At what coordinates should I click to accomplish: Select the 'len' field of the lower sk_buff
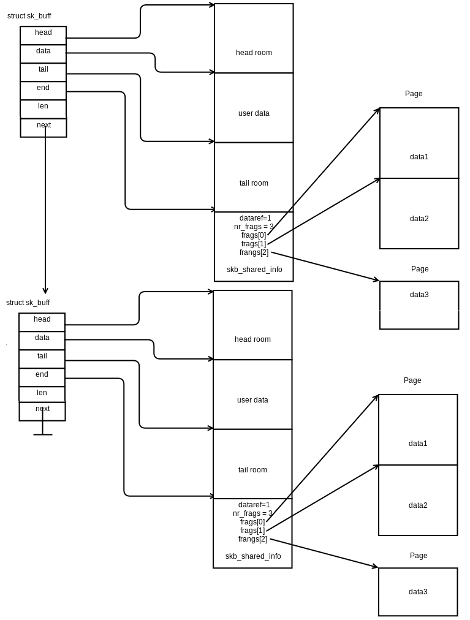coord(42,393)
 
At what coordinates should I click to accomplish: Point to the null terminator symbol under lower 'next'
coord(43,434)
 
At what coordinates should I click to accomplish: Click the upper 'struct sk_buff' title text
coord(29,16)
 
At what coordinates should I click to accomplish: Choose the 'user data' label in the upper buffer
coord(254,113)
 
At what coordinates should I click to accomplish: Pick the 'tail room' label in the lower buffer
coord(252,470)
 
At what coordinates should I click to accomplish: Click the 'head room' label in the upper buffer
coord(254,53)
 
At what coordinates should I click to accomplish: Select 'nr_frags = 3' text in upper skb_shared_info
coord(254,227)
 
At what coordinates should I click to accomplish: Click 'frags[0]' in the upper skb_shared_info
coord(254,235)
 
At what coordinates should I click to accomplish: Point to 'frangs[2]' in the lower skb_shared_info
coord(252,539)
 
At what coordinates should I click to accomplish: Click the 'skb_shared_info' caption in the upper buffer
coord(254,270)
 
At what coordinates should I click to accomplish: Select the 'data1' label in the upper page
coord(419,157)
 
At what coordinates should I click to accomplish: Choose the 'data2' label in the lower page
coord(418,505)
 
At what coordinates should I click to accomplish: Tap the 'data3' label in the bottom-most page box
coord(418,592)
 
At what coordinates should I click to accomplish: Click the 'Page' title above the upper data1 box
coord(414,94)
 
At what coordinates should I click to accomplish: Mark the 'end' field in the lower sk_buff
coord(42,374)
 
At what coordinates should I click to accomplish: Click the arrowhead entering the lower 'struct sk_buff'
coord(45,290)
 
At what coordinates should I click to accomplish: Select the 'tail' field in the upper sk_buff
coord(43,70)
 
